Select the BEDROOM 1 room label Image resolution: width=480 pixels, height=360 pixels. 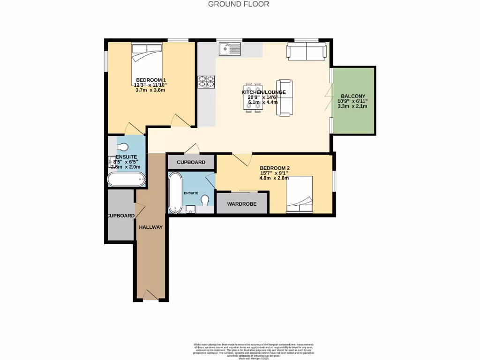tap(151, 80)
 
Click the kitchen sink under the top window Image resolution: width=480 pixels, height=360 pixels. tap(230, 48)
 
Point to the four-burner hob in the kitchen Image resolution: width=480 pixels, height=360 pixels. tap(207, 82)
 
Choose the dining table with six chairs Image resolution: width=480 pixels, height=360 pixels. tap(253, 98)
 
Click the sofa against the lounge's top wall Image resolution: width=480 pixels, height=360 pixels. tap(307, 51)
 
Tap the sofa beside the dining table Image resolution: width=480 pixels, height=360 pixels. tap(285, 97)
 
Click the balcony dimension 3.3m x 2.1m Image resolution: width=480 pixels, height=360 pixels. tap(353, 106)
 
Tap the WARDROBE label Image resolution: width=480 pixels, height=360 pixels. tap(242, 204)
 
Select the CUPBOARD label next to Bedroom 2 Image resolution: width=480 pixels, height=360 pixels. tap(191, 162)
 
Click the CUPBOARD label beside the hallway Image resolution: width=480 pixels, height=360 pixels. tap(120, 216)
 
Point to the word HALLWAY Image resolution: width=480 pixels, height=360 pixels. tap(150, 227)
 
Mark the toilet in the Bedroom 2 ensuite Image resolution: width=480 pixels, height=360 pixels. tap(204, 201)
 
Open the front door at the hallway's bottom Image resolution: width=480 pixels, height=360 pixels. tap(150, 295)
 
